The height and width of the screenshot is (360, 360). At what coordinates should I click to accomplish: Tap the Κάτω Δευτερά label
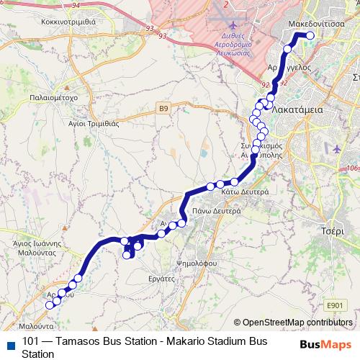pos(245,192)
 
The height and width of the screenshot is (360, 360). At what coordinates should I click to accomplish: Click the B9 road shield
pos(164,109)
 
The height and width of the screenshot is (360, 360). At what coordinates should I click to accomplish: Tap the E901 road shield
pos(335,306)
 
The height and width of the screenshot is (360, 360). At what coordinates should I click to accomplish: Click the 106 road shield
pos(352,168)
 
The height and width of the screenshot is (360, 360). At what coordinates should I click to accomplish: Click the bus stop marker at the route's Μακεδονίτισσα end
pos(311,35)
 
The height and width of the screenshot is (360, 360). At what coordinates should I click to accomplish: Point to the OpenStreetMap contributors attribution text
pos(297,323)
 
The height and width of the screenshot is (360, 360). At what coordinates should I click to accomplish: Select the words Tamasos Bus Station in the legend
pos(91,341)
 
